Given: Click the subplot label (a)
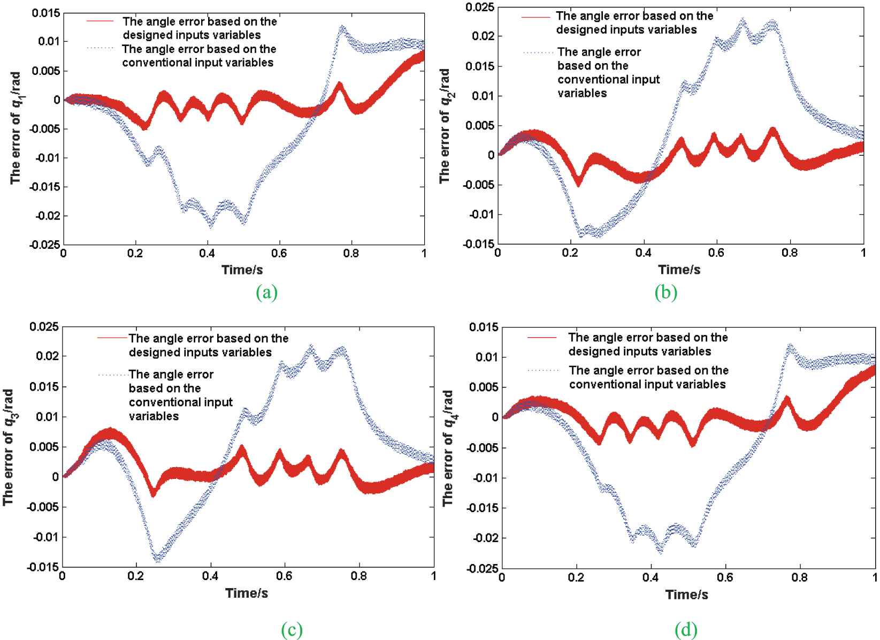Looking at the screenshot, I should [267, 293].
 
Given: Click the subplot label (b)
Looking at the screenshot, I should [665, 293].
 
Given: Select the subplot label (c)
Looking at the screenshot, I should [292, 630].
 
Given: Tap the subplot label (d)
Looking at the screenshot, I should [686, 630].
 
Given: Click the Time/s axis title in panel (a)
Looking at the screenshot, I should [242, 270].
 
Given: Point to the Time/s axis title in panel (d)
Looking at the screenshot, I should [687, 595].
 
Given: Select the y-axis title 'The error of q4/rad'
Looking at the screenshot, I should [448, 448].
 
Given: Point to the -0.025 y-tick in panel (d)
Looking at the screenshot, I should [483, 568].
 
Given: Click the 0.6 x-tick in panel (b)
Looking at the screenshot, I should [716, 253].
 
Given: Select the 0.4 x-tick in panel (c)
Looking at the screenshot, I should [210, 576].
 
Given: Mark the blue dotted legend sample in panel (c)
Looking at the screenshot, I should [112, 375].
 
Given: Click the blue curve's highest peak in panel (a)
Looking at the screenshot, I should [342, 26].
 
